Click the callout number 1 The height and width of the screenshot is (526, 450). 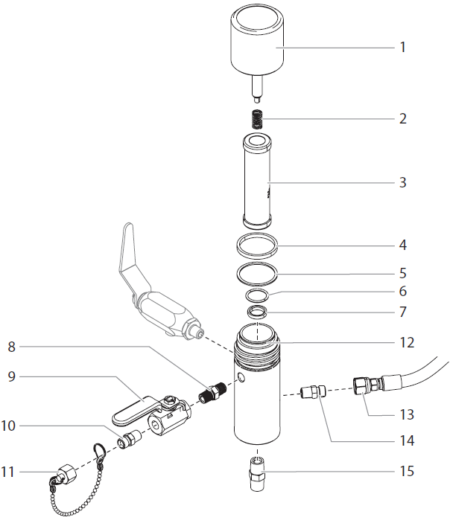click(403, 48)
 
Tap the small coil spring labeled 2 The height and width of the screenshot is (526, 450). click(257, 118)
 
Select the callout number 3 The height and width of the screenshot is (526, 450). click(403, 182)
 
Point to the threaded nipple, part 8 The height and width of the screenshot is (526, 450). click(214, 391)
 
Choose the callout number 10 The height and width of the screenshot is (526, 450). click(10, 426)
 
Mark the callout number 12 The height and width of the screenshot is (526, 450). click(406, 342)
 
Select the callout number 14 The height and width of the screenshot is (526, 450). click(406, 440)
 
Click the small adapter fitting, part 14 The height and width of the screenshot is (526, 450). click(311, 391)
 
